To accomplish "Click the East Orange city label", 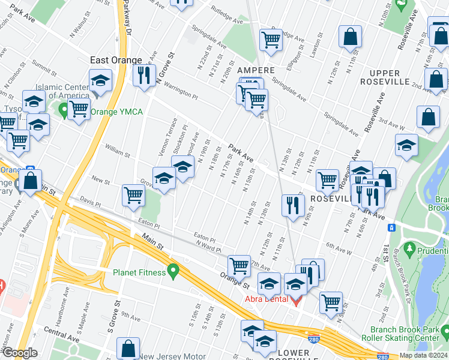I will coord(116,60).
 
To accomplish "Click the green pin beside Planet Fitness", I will coord(174,272).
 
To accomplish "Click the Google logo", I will coord(20,353).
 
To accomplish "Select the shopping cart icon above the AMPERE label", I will coord(271,40).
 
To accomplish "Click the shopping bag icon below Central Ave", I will coord(128,347).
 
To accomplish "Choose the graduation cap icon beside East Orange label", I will coord(101,80).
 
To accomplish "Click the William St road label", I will coord(117,155).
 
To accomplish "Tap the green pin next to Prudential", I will coord(411,247).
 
